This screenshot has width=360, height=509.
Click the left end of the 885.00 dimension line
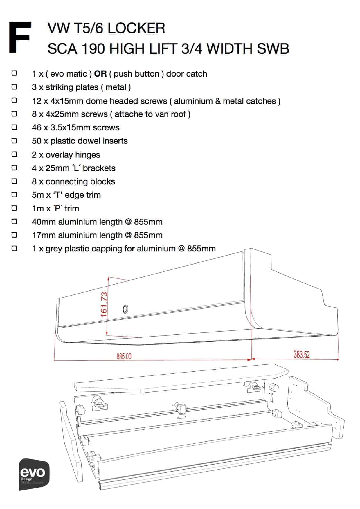point(54,361)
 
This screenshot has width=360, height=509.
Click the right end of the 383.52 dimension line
point(339,360)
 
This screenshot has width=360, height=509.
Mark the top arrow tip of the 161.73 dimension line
point(108,277)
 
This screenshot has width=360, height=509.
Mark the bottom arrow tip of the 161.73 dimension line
point(107,335)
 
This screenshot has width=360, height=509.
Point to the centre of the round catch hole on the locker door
point(125,309)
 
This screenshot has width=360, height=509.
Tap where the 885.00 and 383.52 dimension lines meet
point(251,359)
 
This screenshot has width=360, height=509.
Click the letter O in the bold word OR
point(97,74)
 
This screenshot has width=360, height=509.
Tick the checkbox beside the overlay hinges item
point(14,154)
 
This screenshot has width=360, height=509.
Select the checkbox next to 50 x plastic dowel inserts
point(14,141)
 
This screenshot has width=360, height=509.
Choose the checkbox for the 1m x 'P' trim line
point(14,208)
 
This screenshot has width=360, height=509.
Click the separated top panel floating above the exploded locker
point(181,378)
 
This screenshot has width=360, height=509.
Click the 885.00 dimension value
point(124,356)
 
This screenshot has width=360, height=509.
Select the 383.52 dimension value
point(302,355)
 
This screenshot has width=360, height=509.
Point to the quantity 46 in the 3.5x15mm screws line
point(37,127)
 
